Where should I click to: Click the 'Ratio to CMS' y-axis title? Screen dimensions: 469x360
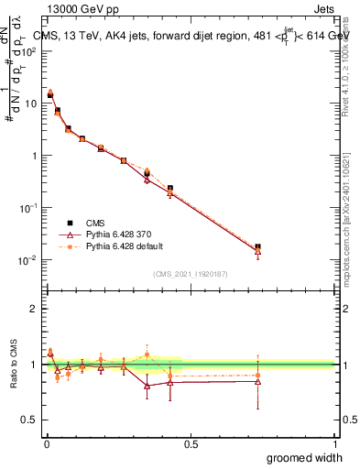coord(14,365)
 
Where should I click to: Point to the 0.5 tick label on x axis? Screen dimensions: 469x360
coord(191,443)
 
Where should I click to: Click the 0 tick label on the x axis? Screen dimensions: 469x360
coord(46,443)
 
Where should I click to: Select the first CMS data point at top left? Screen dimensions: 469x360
coord(49,94)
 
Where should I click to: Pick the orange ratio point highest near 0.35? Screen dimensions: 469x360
coord(147,354)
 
